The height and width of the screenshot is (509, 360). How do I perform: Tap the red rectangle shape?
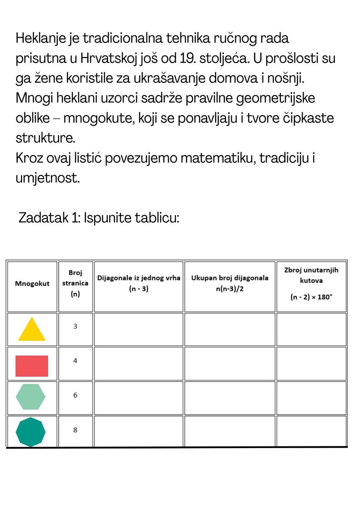coord(32,366)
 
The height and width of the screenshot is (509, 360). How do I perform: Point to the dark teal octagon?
coord(30,432)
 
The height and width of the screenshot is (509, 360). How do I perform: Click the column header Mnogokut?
coord(32,284)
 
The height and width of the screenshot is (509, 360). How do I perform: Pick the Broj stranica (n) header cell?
coord(75,283)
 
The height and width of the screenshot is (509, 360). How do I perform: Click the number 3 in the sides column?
coord(75,326)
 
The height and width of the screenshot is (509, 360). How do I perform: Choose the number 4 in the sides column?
coord(75,361)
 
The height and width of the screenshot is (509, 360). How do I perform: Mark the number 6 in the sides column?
coord(75,396)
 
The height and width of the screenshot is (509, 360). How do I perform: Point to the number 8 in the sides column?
coord(75,430)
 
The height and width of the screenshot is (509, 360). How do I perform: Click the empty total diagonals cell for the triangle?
coord(230,329)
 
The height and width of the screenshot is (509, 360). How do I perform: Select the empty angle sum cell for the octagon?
coord(311,431)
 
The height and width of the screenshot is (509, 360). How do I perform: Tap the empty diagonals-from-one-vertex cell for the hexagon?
coord(139,398)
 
